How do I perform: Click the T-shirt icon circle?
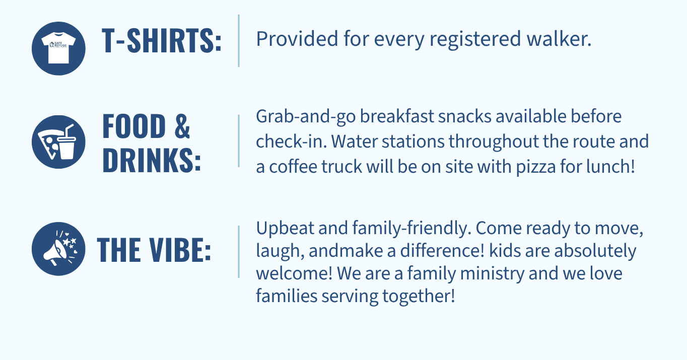pyautogui.click(x=58, y=48)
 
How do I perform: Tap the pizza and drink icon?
pyautogui.click(x=58, y=142)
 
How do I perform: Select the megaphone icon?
pyautogui.click(x=58, y=249)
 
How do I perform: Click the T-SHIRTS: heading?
pyautogui.click(x=162, y=40)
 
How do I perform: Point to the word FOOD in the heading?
pyautogui.click(x=134, y=126)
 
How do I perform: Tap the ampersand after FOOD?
pyautogui.click(x=182, y=126)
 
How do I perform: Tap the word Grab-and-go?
pyautogui.click(x=306, y=117)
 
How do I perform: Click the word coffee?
pyautogui.click(x=293, y=167)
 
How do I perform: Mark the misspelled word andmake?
pyautogui.click(x=346, y=251)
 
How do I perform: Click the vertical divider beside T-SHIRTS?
pyautogui.click(x=239, y=40)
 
